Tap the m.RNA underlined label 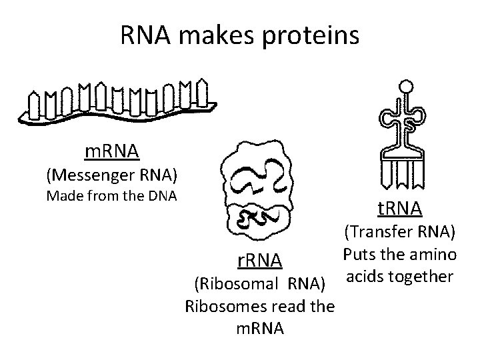(112, 152)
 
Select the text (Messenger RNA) (112, 175)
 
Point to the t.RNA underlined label (399, 209)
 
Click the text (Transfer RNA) (400, 233)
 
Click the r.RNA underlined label (256, 259)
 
